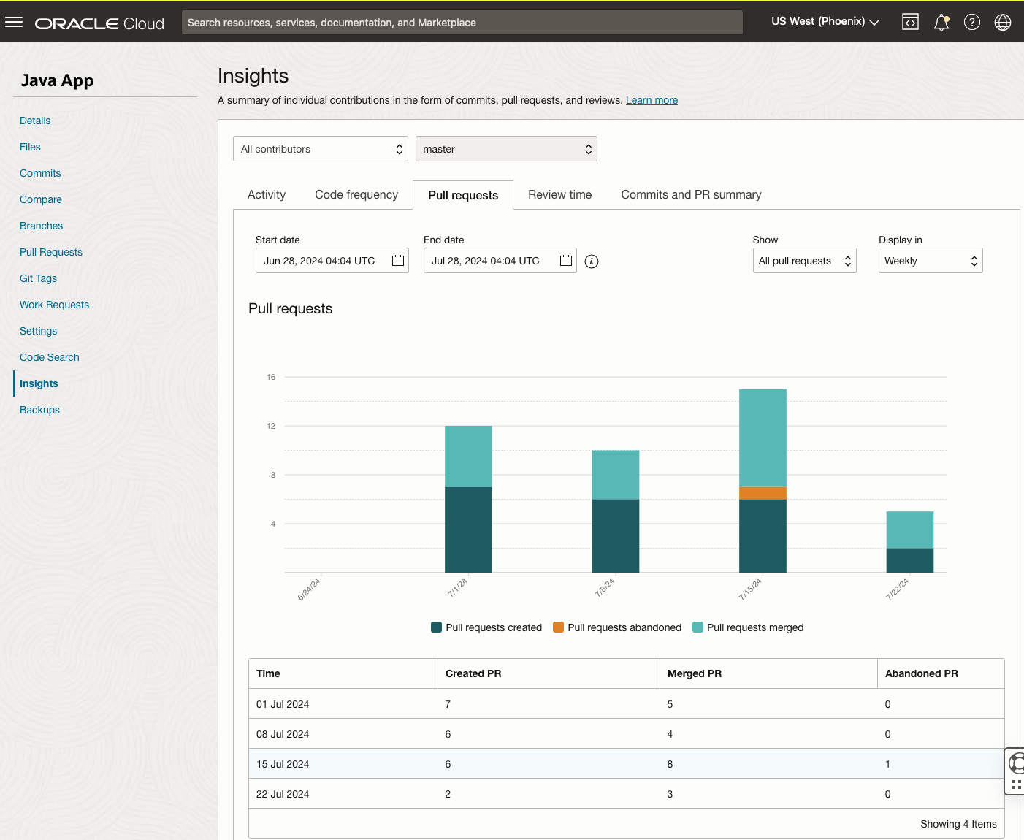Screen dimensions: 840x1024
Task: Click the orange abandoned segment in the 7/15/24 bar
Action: tap(763, 493)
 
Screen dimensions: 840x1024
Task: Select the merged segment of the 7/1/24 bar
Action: tap(468, 457)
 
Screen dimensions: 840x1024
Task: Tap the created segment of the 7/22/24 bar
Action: tap(909, 560)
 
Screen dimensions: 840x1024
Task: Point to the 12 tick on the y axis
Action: tap(271, 426)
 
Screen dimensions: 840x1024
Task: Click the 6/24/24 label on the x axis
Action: tap(309, 589)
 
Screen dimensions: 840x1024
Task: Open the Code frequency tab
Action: tap(356, 194)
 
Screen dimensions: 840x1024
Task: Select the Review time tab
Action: tap(559, 194)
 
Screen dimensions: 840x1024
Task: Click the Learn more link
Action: tap(652, 100)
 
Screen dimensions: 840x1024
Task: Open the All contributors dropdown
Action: tap(321, 149)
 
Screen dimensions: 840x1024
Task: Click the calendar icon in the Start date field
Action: tap(398, 261)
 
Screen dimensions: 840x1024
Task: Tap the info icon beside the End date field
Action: tap(592, 261)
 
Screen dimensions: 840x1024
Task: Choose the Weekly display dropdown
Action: tap(930, 261)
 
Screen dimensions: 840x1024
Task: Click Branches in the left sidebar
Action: tap(42, 226)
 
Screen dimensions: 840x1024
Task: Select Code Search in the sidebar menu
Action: tap(50, 357)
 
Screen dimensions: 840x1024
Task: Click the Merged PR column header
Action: tap(695, 673)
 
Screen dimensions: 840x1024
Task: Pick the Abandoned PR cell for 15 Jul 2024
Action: tap(888, 764)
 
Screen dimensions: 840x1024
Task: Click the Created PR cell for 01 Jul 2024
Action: tap(448, 704)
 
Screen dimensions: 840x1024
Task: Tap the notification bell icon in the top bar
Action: tap(941, 23)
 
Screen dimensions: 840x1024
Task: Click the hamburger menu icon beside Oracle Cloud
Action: tap(14, 23)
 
